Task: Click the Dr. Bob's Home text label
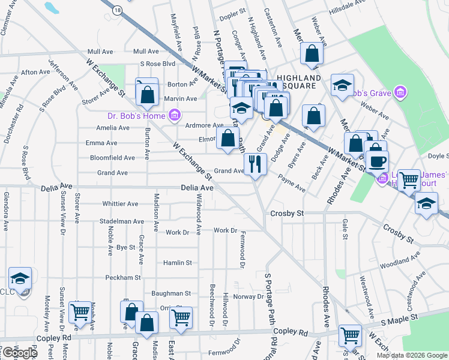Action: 137,115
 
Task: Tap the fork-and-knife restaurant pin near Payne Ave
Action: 255,163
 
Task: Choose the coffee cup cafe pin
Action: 376,162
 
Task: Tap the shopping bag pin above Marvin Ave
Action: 146,94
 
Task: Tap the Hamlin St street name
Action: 177,263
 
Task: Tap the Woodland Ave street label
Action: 394,262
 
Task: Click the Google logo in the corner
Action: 19,353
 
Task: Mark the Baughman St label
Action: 171,293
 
